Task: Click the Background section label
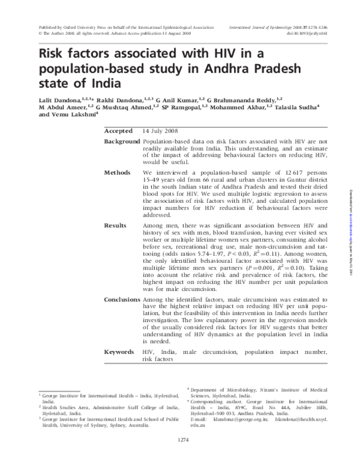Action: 122,141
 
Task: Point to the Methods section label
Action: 117,172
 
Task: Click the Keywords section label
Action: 119,351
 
